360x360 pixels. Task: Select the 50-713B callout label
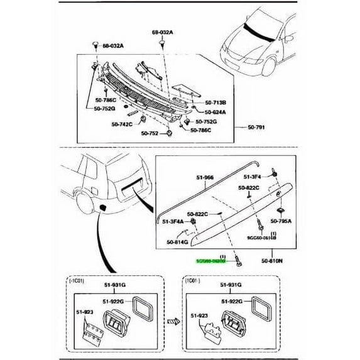[x=217, y=102]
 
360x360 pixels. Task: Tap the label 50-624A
[x=217, y=111]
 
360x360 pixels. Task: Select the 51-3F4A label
[x=173, y=221]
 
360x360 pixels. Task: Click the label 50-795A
[x=282, y=221]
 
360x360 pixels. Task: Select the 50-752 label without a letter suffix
[x=150, y=133]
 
